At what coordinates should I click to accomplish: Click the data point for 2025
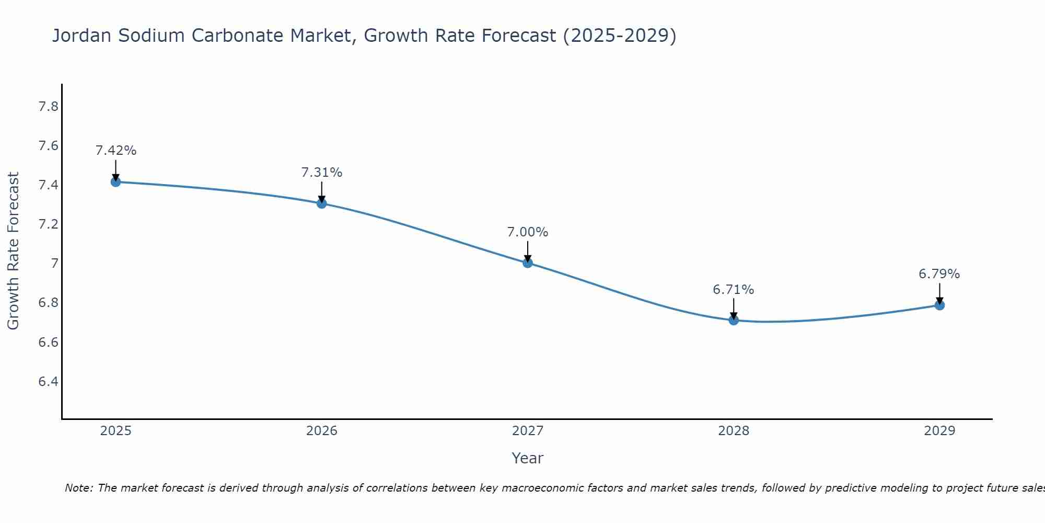115,182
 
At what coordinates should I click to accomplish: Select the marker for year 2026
322,203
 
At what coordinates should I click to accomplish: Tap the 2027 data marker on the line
528,263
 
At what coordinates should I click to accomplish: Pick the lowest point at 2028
734,320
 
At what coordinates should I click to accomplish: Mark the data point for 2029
939,305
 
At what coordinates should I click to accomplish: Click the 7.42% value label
116,151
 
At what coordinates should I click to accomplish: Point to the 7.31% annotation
322,173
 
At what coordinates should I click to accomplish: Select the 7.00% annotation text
528,232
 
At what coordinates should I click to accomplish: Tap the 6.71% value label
734,290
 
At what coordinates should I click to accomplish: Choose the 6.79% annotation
939,274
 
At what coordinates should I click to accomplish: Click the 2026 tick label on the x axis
322,431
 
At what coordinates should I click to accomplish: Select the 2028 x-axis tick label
734,431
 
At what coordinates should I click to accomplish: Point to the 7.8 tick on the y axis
48,107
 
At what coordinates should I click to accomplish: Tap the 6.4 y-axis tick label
48,382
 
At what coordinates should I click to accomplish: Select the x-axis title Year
528,458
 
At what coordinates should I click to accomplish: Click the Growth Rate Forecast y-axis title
13,251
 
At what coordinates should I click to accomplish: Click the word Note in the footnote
78,488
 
